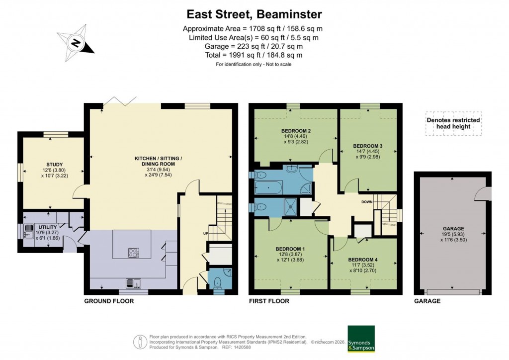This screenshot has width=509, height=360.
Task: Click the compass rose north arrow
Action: [76, 43]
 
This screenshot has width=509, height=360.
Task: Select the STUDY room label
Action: [55, 164]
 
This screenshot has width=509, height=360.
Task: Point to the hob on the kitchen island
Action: [134, 253]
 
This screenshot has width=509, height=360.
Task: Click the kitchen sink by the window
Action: [134, 283]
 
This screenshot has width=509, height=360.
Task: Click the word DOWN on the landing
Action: [367, 202]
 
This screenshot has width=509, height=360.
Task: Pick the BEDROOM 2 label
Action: [293, 131]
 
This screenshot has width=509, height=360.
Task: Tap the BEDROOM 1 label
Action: [290, 249]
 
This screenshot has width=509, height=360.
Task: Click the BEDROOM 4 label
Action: [363, 260]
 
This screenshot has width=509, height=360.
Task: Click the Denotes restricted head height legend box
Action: [453, 123]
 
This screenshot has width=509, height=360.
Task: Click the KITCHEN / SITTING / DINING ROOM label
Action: [158, 159]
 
